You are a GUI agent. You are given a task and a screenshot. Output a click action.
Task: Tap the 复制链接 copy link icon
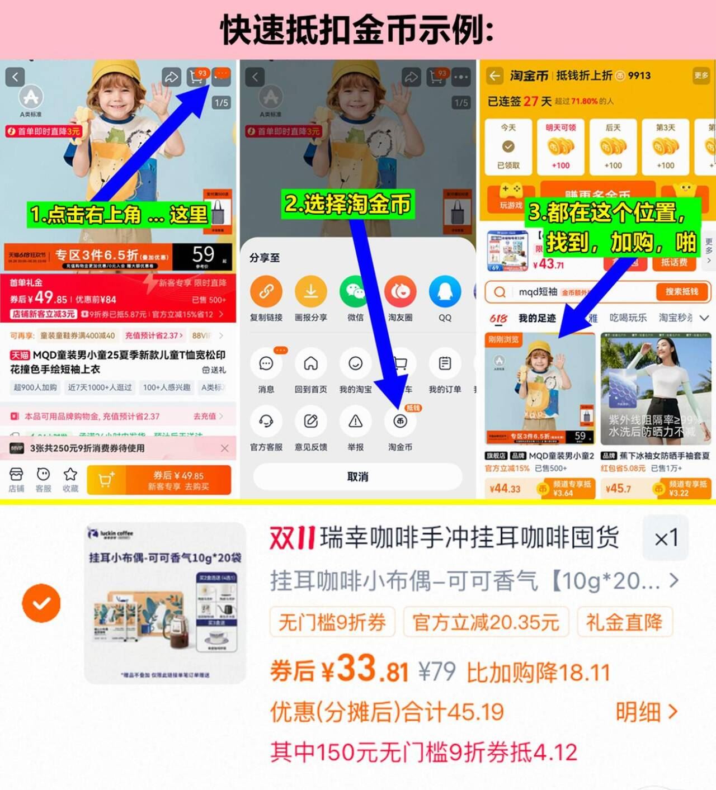[266, 291]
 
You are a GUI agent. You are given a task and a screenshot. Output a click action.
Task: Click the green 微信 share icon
[355, 291]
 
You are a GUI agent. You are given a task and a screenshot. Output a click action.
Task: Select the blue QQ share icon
[445, 291]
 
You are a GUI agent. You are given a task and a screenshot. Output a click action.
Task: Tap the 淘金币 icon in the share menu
[400, 422]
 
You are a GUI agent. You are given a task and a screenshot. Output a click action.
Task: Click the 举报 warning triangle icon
[355, 422]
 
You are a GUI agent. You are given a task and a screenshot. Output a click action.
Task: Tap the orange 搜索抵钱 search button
[681, 292]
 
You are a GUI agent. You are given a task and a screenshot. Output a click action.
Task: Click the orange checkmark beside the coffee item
[41, 603]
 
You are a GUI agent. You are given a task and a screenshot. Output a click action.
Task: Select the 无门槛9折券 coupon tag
[332, 622]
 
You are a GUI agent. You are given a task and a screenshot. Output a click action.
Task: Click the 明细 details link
[646, 712]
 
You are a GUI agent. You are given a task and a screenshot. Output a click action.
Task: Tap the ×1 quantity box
[666, 538]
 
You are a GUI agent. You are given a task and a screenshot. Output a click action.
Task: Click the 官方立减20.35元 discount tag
[486, 622]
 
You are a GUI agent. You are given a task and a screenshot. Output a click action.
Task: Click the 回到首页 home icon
[310, 364]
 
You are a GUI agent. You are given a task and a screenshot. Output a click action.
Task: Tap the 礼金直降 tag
[624, 622]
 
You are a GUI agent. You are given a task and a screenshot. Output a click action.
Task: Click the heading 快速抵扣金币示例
[357, 30]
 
